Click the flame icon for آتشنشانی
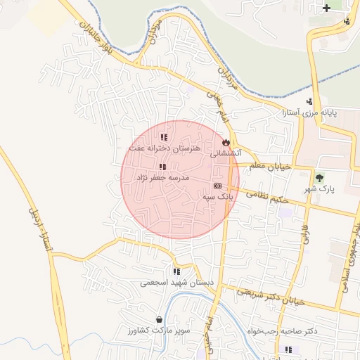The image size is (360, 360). click(226, 142)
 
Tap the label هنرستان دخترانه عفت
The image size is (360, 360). click(164, 149)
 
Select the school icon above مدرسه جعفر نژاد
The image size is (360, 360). click(163, 167)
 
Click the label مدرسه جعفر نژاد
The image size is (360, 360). click(162, 179)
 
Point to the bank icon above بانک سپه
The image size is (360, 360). click(217, 186)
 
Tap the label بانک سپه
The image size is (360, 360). click(218, 197)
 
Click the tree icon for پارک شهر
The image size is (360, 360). click(320, 178)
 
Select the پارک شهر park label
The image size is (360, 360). click(321, 189)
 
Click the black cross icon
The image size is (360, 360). click(326, 8)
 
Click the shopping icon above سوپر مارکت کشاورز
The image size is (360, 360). click(159, 319)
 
